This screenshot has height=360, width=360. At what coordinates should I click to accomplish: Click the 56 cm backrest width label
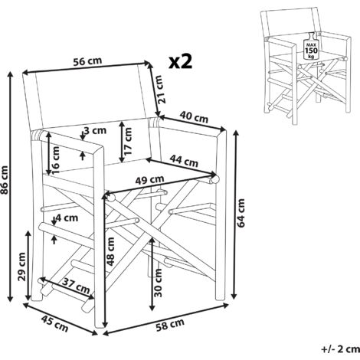(x=87, y=61)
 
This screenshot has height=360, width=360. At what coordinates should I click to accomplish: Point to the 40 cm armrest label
(x=194, y=117)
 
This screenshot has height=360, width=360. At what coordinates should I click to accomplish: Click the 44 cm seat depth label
(x=184, y=162)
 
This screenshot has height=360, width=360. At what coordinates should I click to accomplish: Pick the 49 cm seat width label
(x=149, y=180)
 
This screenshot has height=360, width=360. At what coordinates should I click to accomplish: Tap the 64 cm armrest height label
(x=241, y=213)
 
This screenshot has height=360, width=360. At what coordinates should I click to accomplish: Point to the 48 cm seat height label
(x=111, y=251)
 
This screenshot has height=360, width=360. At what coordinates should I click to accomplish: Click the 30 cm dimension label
(x=158, y=283)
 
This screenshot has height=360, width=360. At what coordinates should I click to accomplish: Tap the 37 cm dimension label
(x=76, y=286)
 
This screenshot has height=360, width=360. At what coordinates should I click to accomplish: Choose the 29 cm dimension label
(x=21, y=267)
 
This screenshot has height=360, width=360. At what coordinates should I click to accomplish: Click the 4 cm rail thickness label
(x=67, y=218)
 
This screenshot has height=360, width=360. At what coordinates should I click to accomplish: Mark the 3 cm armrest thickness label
(x=95, y=130)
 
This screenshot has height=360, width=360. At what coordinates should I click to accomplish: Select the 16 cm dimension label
(x=55, y=160)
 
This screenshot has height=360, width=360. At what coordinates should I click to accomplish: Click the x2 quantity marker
(x=181, y=62)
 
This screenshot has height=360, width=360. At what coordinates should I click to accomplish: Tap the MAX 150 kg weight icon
(x=311, y=47)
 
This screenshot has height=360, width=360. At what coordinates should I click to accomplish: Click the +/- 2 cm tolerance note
(x=341, y=349)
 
